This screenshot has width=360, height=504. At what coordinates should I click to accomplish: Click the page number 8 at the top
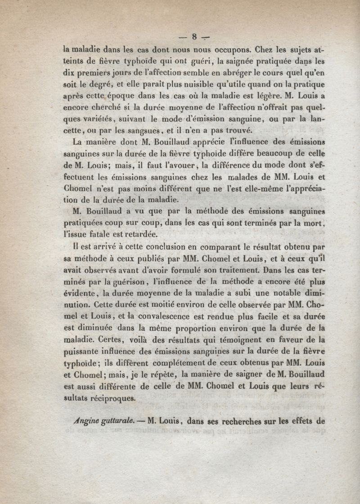(194, 37)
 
